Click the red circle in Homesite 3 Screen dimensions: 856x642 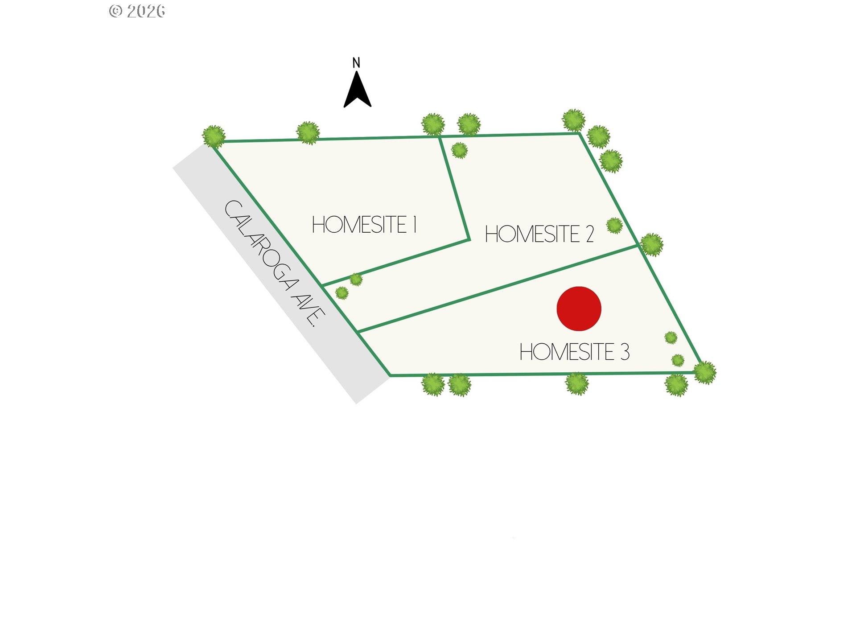pyautogui.click(x=579, y=309)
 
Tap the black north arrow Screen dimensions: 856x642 pyautogui.click(x=357, y=91)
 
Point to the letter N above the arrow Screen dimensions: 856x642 pyautogui.click(x=356, y=63)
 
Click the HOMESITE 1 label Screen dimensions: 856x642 pyautogui.click(x=364, y=224)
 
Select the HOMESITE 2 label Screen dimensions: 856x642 pyautogui.click(x=539, y=234)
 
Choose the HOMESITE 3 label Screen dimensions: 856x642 pyautogui.click(x=575, y=352)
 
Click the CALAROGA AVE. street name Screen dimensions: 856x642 pyautogui.click(x=275, y=263)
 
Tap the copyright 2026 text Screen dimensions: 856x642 pyautogui.click(x=137, y=11)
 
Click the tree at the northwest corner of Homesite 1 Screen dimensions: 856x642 pyautogui.click(x=214, y=136)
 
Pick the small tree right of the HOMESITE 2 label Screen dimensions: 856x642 pyautogui.click(x=614, y=226)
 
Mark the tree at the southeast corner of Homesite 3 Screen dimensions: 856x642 pyautogui.click(x=705, y=372)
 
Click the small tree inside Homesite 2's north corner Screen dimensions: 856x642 pyautogui.click(x=459, y=150)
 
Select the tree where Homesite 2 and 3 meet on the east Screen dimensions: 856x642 pyautogui.click(x=652, y=245)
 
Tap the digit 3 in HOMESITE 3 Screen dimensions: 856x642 pyautogui.click(x=625, y=352)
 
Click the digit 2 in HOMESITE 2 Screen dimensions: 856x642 pyautogui.click(x=590, y=234)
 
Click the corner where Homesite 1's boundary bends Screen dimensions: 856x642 pyautogui.click(x=469, y=240)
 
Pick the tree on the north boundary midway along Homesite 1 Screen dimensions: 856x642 pyautogui.click(x=308, y=133)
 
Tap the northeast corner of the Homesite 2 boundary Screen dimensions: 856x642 pyautogui.click(x=579, y=133)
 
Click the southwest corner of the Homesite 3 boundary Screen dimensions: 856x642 pyautogui.click(x=391, y=375)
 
